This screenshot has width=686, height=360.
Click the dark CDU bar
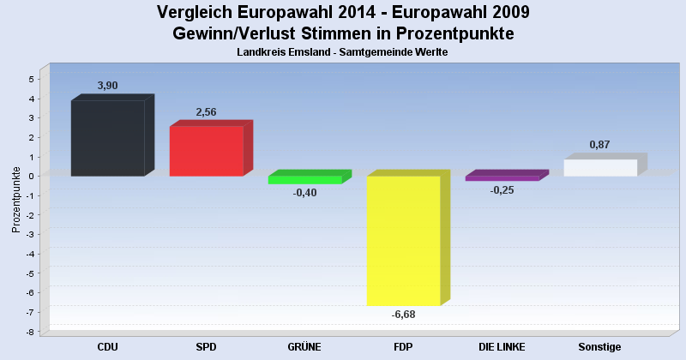tap(107, 138)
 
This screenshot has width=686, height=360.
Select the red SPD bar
tap(206, 151)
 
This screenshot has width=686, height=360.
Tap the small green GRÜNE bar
tap(304, 180)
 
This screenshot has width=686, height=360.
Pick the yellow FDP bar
tap(403, 241)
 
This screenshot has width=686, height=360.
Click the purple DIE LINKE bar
tap(502, 178)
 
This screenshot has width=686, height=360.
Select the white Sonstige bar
tap(600, 167)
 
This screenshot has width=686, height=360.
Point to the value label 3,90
tap(107, 86)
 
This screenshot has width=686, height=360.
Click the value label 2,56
tap(206, 112)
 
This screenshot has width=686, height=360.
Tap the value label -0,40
tap(304, 193)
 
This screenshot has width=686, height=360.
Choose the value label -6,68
tap(403, 315)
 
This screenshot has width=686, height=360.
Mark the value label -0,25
tap(502, 189)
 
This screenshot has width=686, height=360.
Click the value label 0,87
tap(599, 145)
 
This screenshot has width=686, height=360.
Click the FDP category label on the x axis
tap(404, 347)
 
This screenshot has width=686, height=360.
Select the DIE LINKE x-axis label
tap(502, 347)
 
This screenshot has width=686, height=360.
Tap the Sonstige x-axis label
tap(599, 347)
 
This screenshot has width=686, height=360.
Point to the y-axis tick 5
tap(31, 80)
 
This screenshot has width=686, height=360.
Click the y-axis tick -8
tap(29, 333)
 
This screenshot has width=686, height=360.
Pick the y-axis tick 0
tap(31, 177)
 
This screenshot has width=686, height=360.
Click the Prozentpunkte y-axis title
tap(15, 200)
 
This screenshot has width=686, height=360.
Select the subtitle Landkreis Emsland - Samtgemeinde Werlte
tap(343, 52)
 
